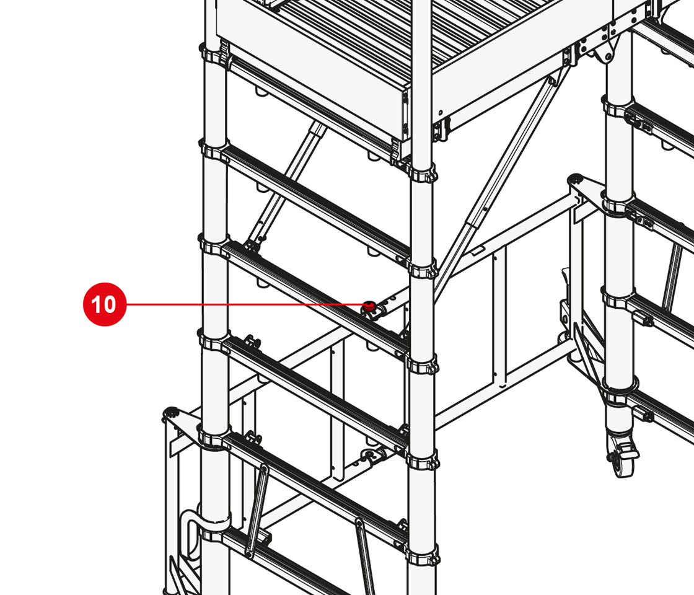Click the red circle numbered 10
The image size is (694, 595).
click(105, 304)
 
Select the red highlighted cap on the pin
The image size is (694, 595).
click(369, 305)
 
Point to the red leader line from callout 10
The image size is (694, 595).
click(245, 304)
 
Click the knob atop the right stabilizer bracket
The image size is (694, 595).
click(576, 178)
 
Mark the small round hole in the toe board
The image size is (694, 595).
click(441, 112)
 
